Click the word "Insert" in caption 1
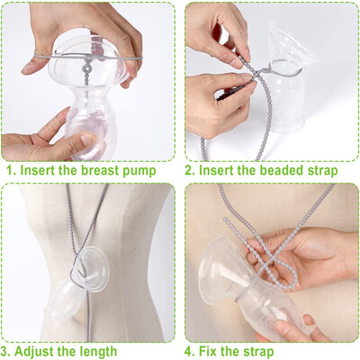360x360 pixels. (40, 170)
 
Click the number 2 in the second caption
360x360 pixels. (191, 170)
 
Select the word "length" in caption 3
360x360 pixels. (116, 351)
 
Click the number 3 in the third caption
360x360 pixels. (6, 351)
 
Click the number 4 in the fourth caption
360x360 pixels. (191, 351)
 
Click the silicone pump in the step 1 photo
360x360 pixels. (81, 99)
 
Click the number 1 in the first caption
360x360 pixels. (6, 170)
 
